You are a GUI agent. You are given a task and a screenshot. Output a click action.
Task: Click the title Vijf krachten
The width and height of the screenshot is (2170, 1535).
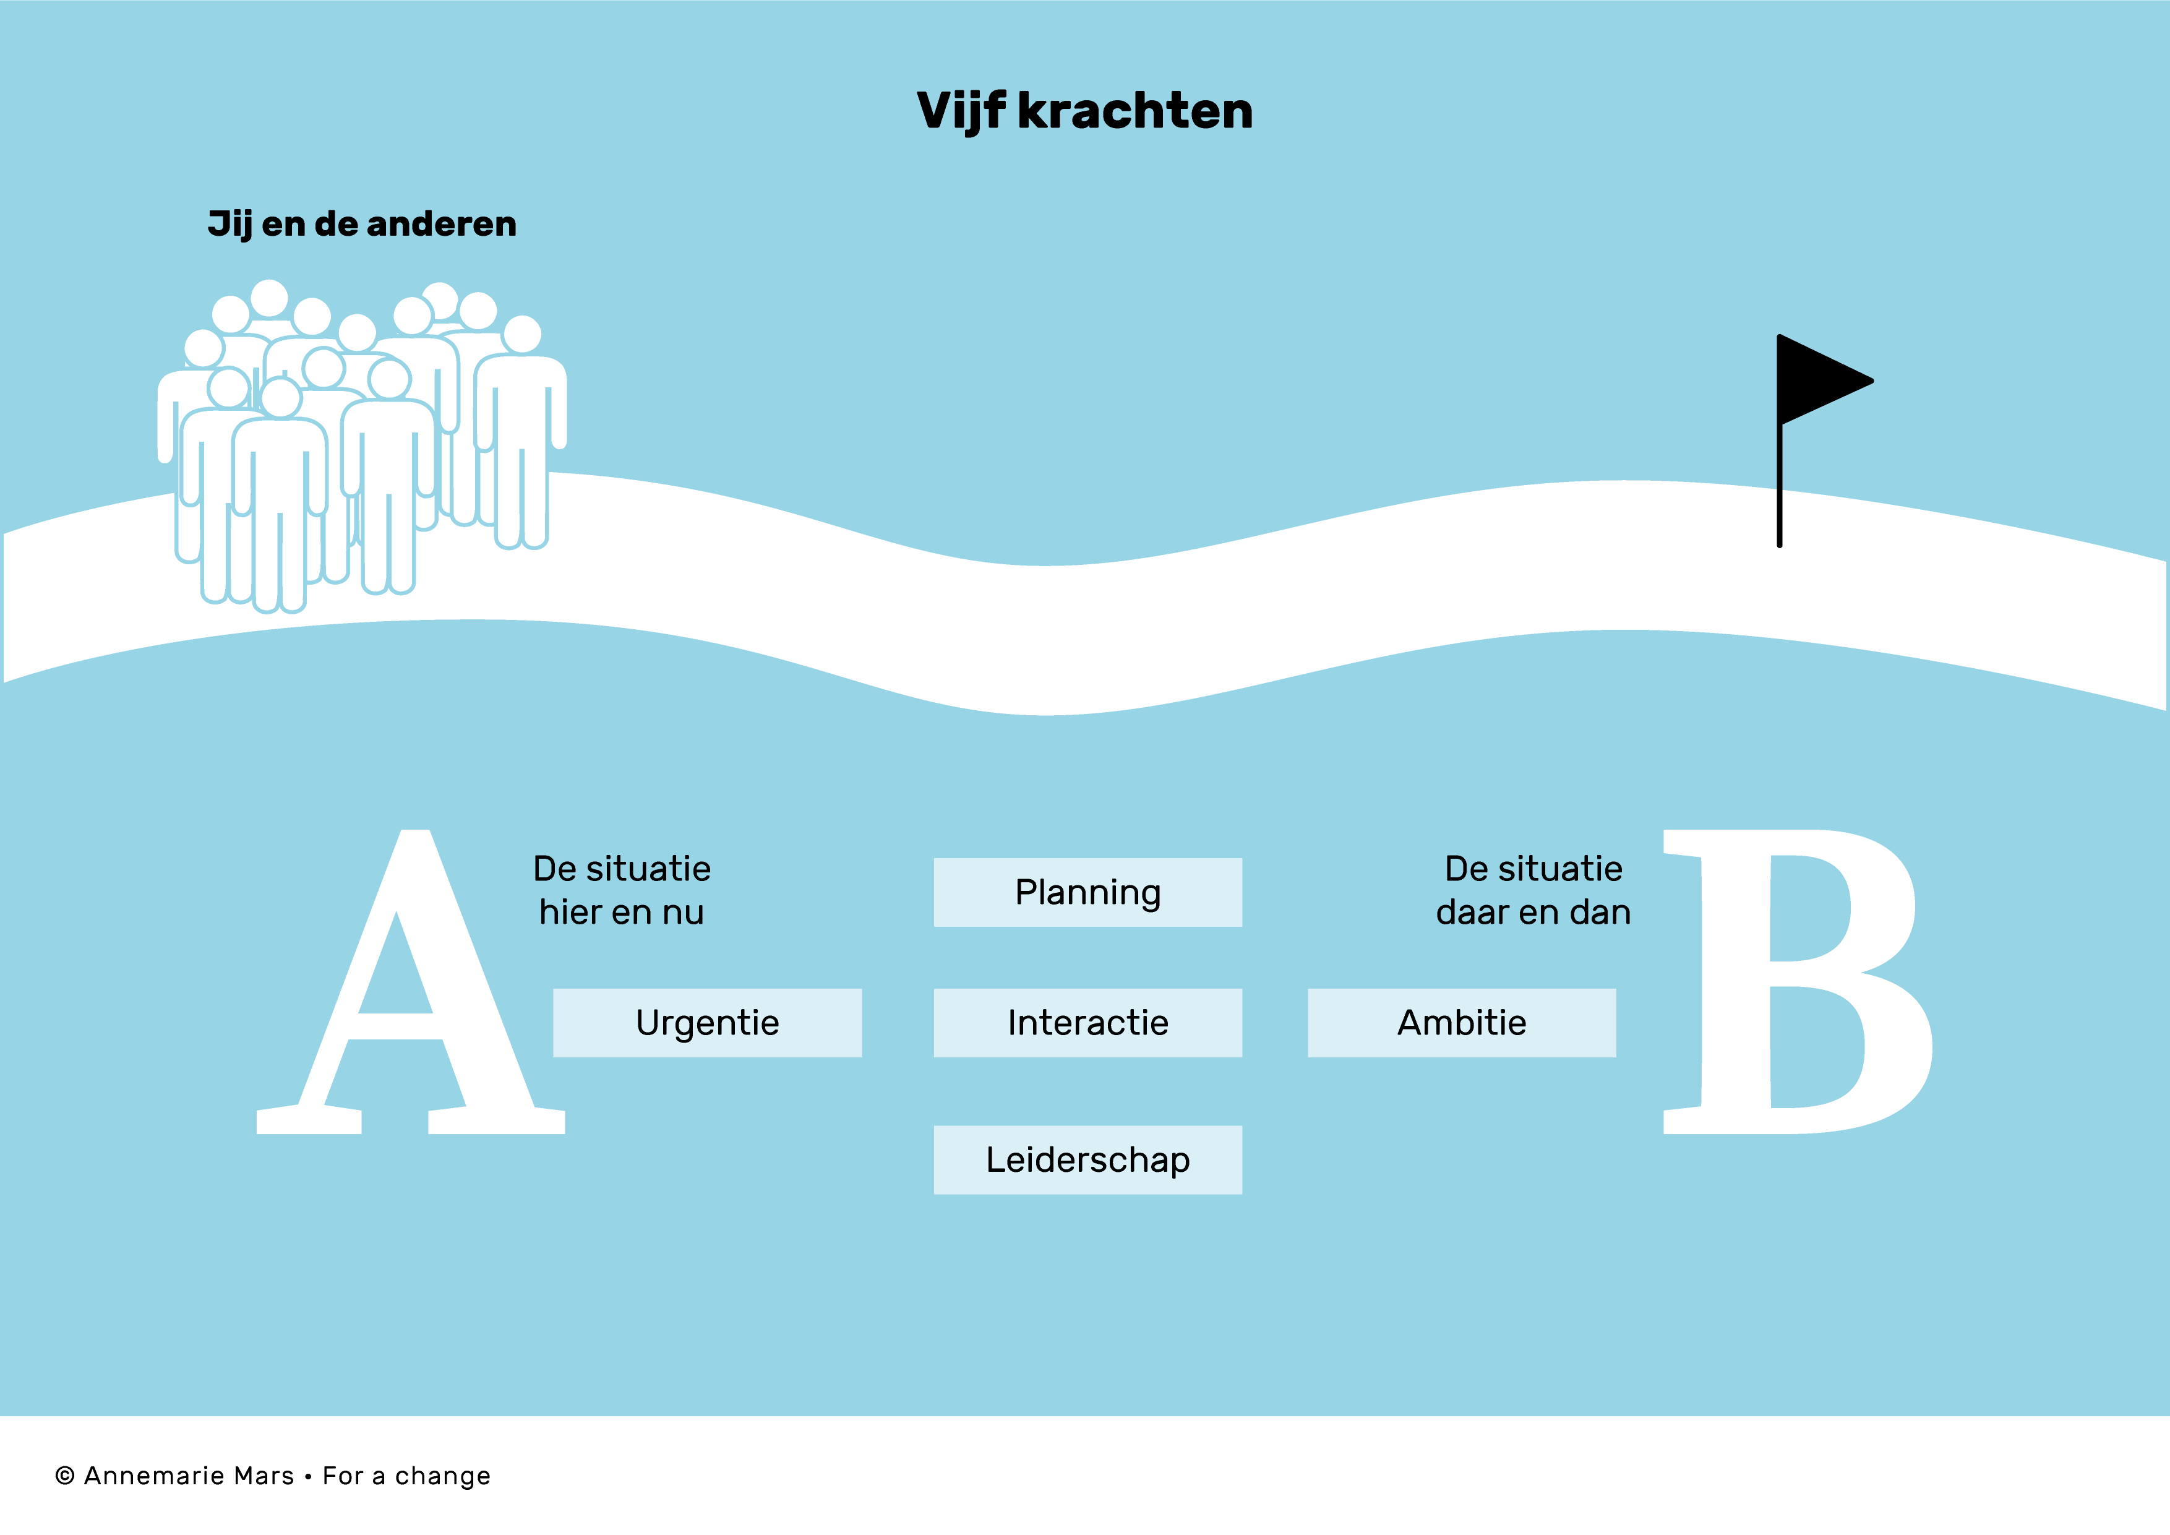coord(1085,111)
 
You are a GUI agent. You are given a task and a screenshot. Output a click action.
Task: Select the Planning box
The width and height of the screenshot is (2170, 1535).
coord(1088,892)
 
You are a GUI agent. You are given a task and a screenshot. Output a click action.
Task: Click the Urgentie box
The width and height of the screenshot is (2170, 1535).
coord(707,1023)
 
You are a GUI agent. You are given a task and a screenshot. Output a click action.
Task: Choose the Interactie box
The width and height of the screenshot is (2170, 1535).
coord(1088,1023)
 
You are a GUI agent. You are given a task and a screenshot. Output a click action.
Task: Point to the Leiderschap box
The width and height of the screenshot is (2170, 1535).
coord(1088,1159)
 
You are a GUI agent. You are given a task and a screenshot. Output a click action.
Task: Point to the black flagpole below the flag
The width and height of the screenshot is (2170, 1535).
coord(1780,486)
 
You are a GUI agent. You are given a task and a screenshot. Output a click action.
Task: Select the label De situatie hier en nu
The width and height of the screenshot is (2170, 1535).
coord(622,890)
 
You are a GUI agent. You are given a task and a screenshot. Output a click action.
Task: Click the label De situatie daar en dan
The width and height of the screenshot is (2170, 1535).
coord(1533,890)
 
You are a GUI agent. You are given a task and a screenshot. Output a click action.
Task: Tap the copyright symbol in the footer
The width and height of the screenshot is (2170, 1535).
coord(65,1476)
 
